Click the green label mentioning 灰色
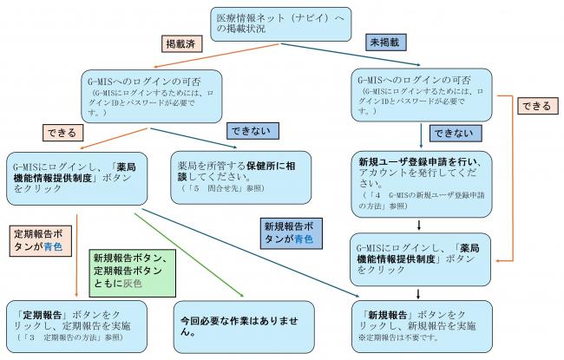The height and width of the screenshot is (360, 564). (128, 267)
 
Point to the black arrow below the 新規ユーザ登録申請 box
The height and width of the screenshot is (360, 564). (420, 224)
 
